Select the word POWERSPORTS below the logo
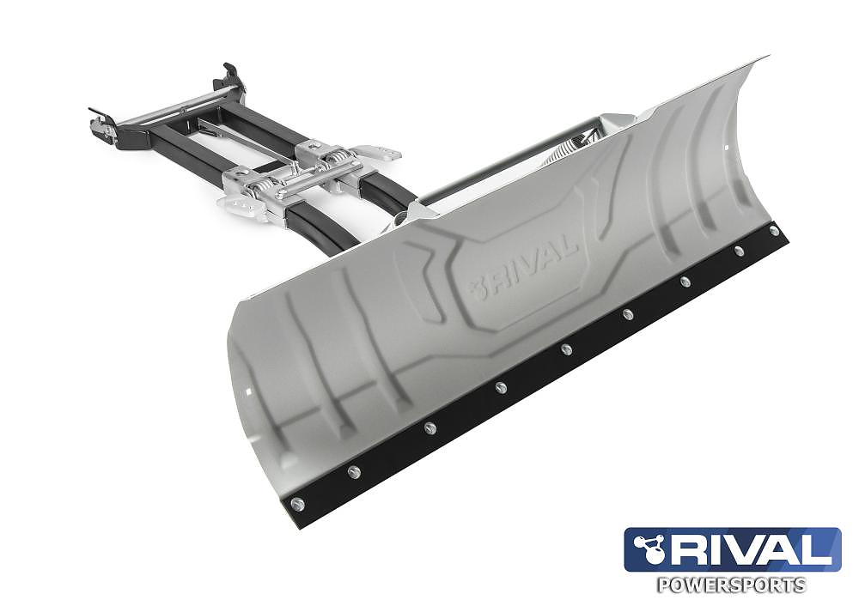point(731,585)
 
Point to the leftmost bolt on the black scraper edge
point(297,504)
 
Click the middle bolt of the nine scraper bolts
point(566,349)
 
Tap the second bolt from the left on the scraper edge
point(353,471)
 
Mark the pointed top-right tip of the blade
point(765,58)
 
